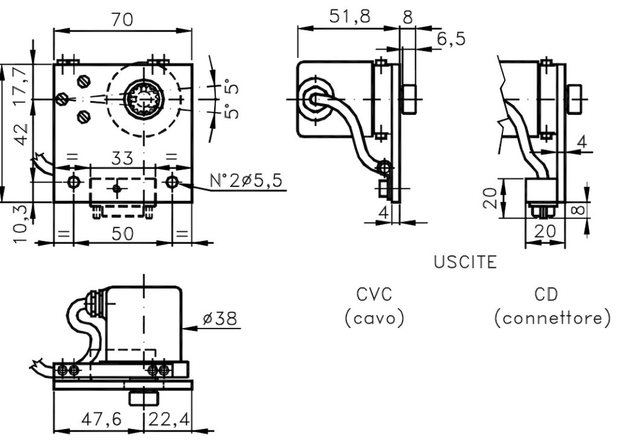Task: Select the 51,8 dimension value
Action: pos(350,16)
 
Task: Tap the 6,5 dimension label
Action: pos(451,39)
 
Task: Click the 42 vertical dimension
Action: pos(20,134)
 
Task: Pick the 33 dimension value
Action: pos(122,159)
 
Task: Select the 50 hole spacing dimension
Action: pos(122,234)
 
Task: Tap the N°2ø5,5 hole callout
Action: pos(247,180)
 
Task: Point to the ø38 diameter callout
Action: pos(220,318)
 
